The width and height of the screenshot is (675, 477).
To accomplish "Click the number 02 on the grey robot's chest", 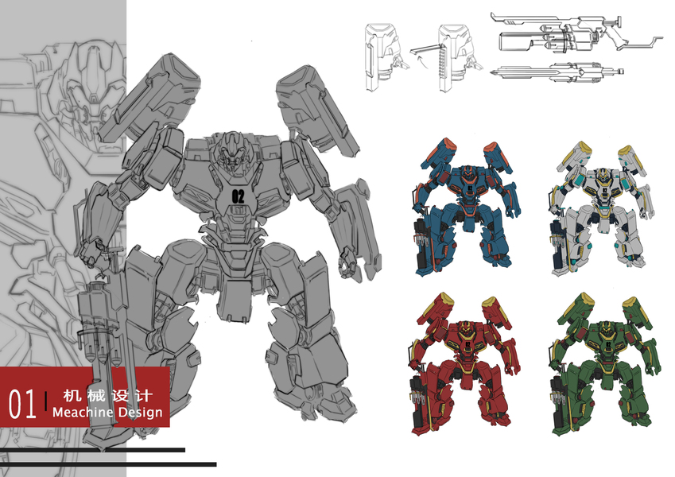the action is [x=238, y=196].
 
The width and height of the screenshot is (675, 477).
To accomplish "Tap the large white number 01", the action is [x=22, y=404].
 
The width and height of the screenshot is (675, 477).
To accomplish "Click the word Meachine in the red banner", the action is [x=83, y=412].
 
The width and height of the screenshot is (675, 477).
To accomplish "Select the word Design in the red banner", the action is [x=141, y=413].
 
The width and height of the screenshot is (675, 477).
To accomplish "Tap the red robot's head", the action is [x=465, y=331].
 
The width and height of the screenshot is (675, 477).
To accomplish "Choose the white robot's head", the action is [x=603, y=176].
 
